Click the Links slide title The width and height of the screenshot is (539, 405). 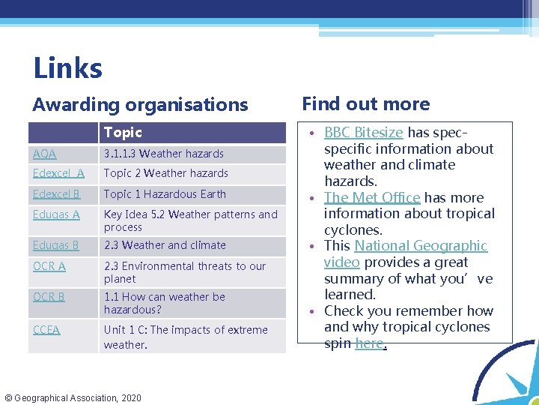point(67,68)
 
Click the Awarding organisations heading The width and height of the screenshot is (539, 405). point(140,105)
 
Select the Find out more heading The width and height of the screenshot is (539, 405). point(365,104)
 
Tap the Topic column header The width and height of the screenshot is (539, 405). point(123,133)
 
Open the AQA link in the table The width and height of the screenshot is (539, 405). point(45,154)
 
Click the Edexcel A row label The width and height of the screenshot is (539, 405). point(58,173)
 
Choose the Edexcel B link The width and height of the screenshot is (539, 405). point(57,194)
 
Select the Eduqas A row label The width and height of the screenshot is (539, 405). point(56,214)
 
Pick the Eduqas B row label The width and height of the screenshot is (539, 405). point(56,245)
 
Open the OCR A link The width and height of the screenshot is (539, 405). point(49,266)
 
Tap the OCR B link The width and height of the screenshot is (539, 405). point(49,297)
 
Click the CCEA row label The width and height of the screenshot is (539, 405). point(46,330)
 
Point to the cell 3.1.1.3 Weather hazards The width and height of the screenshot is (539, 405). point(164,154)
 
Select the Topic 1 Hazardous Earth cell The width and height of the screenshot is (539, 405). point(165,194)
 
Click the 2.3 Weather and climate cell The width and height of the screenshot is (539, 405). point(165,245)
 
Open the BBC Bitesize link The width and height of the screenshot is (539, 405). point(363,133)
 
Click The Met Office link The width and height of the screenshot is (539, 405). point(371,198)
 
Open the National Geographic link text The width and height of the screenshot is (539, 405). point(421,246)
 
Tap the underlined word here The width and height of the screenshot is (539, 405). point(369,343)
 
